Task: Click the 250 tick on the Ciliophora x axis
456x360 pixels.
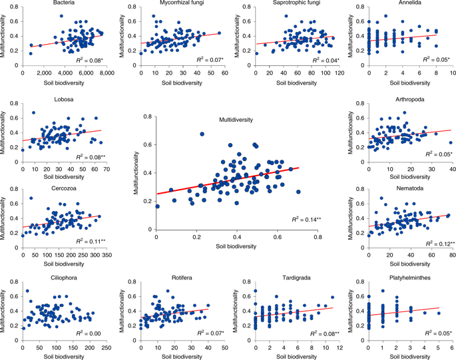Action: point(107,347)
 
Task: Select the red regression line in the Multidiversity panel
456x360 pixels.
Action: point(226,181)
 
